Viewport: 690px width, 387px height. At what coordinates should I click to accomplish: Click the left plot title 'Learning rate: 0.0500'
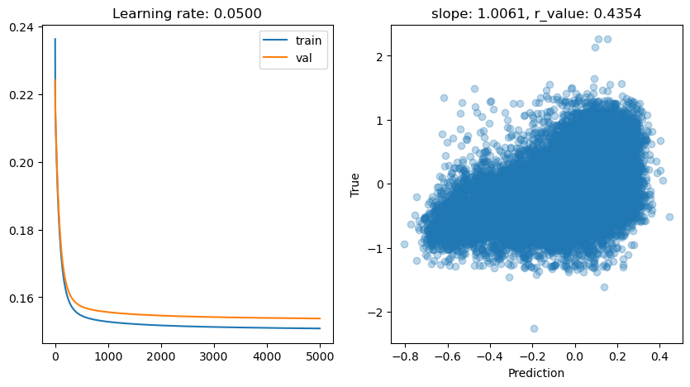point(188,14)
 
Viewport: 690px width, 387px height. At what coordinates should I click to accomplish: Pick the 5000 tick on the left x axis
point(320,357)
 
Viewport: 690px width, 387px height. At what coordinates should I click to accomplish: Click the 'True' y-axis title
point(355,184)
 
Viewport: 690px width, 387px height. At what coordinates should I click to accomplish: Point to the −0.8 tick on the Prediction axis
point(404,357)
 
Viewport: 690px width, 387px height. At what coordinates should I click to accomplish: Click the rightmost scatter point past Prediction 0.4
point(669,217)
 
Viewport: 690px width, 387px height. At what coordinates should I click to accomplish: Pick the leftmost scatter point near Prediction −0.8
point(404,244)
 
